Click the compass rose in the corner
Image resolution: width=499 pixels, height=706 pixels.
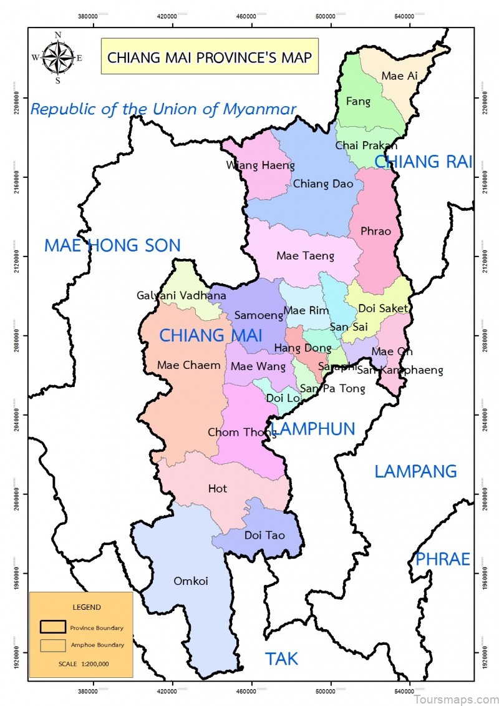point(57,57)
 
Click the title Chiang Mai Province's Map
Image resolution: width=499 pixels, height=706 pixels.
point(210,57)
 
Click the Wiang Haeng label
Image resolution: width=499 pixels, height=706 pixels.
point(261,165)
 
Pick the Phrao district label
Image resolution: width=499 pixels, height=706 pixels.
point(375,231)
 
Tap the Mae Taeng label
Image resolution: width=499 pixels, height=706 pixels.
point(305,255)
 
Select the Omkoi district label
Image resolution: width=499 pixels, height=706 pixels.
point(190,581)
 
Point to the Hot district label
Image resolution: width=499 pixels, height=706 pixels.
point(218,489)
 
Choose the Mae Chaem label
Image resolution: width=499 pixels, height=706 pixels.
point(189,365)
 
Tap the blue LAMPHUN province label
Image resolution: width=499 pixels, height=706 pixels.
point(314,429)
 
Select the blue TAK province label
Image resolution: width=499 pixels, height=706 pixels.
point(282,659)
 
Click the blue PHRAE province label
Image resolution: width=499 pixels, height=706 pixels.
point(443,559)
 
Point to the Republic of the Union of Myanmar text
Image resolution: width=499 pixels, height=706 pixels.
point(163,109)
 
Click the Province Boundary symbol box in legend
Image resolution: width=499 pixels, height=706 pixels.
point(52,627)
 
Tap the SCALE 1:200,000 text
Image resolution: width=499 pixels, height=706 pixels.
point(81,664)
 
